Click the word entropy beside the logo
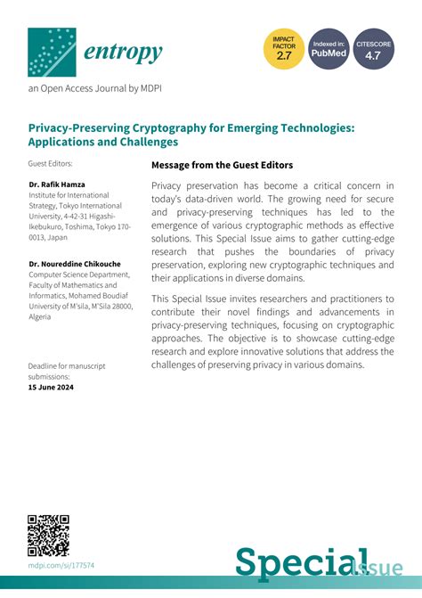tap(124, 53)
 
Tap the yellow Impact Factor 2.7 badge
tap(283, 49)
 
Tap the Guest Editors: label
tap(50, 164)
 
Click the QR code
tap(49, 535)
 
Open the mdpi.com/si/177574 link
tap(61, 565)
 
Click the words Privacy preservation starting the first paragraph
tap(194, 184)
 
